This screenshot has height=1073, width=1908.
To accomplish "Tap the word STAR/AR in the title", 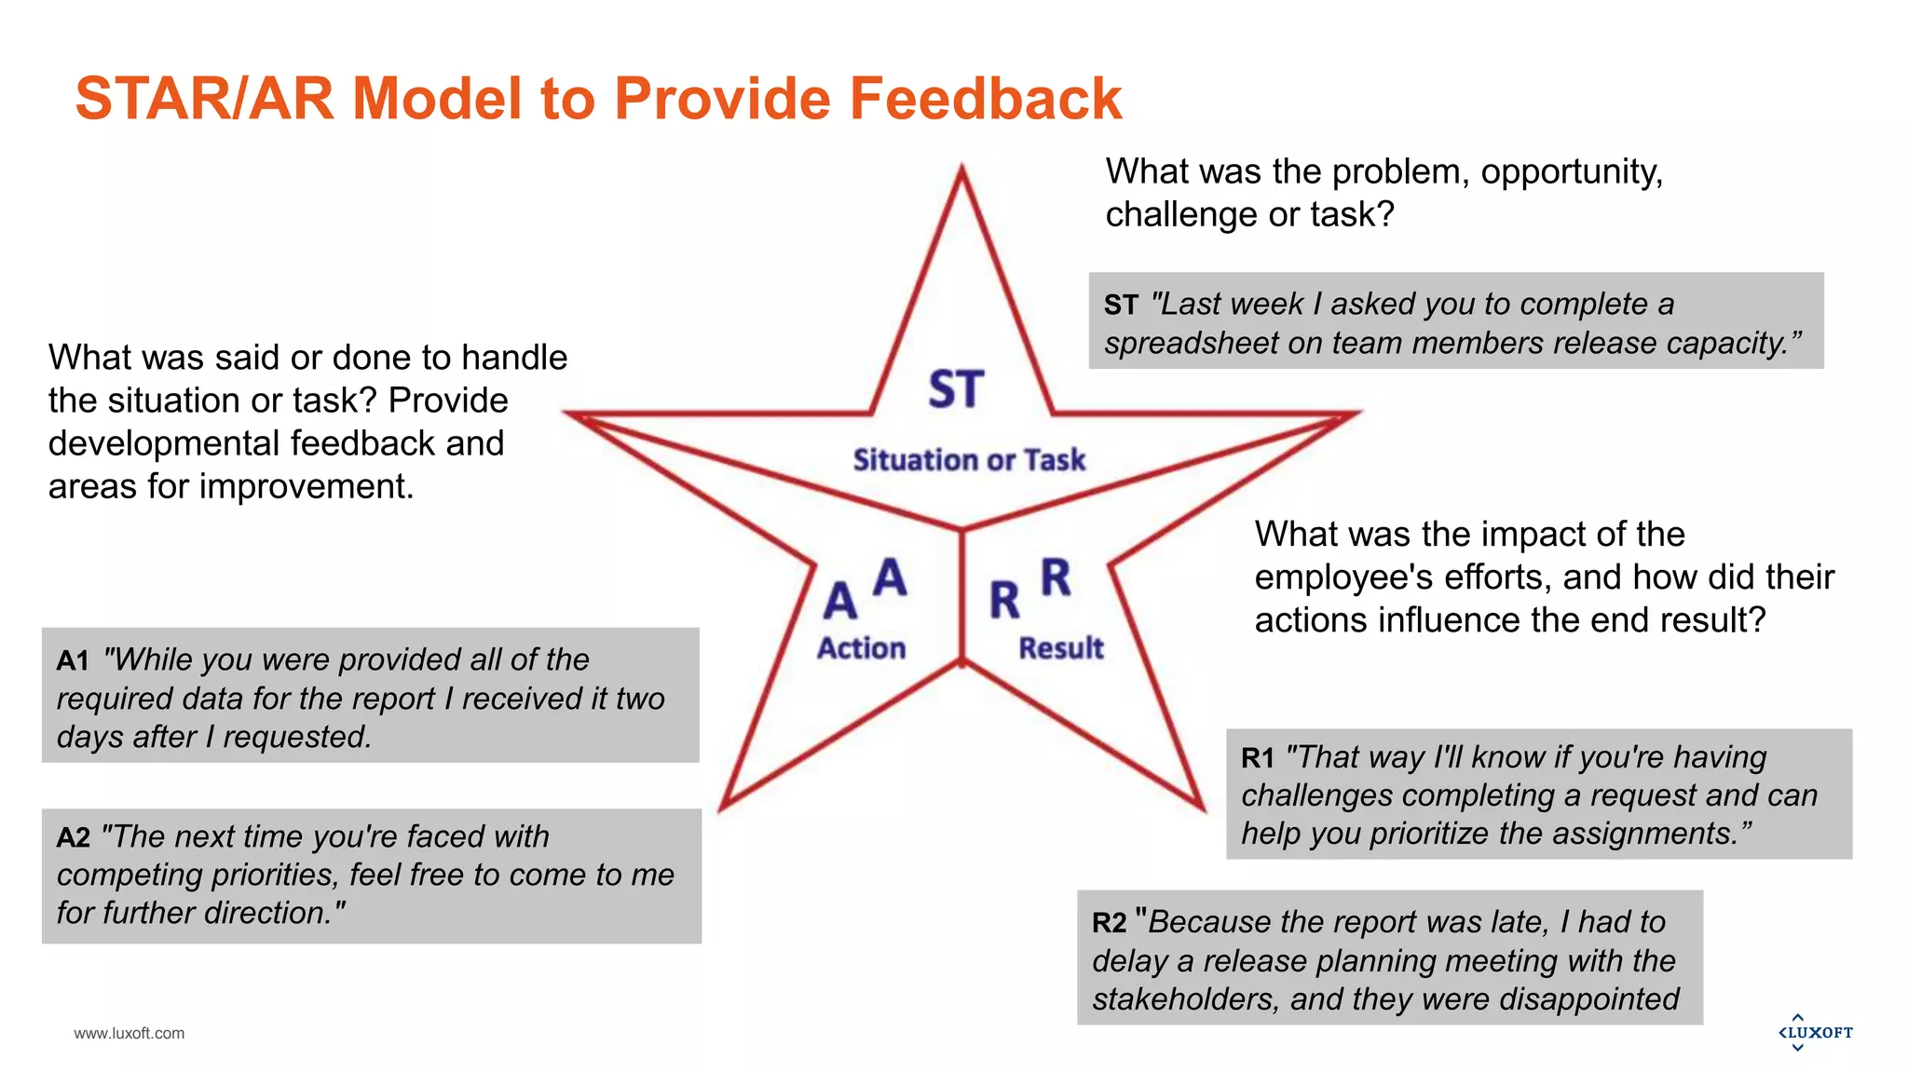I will (x=204, y=99).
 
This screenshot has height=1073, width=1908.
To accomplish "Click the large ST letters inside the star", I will (x=956, y=389).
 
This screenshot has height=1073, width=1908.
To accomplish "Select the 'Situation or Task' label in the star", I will (x=969, y=460).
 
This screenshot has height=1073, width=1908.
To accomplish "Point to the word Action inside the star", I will (x=861, y=648).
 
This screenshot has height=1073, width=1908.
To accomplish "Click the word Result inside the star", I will (x=1060, y=648).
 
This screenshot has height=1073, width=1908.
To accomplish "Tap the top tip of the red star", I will (x=961, y=170).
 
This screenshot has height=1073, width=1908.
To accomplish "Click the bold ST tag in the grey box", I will (x=1121, y=306).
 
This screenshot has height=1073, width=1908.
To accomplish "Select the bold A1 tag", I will (x=73, y=661).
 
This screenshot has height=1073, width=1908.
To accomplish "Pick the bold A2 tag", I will (x=74, y=838).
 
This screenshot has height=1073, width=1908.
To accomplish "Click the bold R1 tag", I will (x=1258, y=758).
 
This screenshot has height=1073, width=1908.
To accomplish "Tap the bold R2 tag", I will (x=1110, y=923).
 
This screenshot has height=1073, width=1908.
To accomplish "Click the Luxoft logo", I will (x=1815, y=1032).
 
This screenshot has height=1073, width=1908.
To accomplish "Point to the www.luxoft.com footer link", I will (x=129, y=1033).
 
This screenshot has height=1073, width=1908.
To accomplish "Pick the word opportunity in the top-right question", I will (x=1571, y=172).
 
